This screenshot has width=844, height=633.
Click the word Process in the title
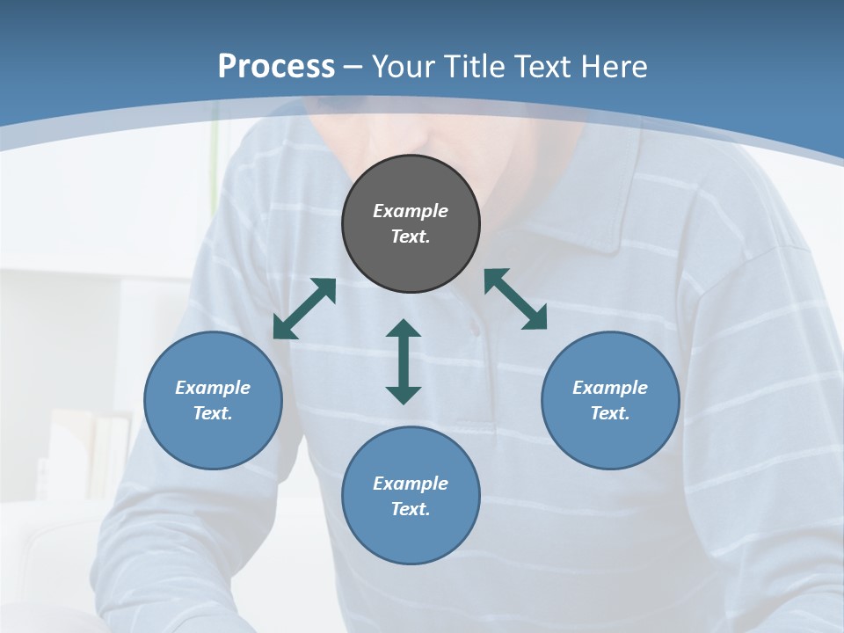tap(276, 67)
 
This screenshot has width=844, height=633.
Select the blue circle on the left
tap(213, 440)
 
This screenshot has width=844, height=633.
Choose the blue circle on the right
tap(610, 440)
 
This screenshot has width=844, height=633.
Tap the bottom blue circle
tap(411, 536)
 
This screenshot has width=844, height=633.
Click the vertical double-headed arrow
tap(404, 361)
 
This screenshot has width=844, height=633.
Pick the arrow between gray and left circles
tap(305, 308)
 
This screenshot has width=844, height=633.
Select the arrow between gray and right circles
tap(516, 299)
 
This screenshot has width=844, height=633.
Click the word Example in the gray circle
tap(411, 211)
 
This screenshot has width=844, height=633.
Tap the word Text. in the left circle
tap(213, 413)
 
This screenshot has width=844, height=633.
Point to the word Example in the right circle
tap(610, 388)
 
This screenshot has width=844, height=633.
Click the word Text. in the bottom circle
tap(411, 509)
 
